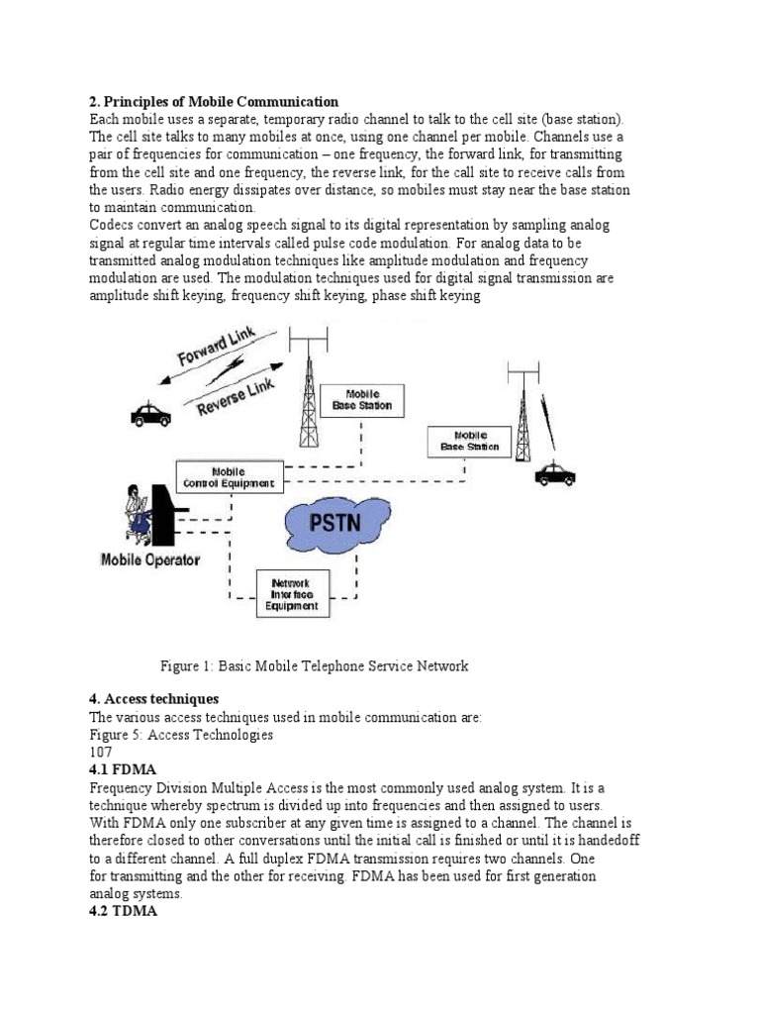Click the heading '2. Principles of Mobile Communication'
pos(214,102)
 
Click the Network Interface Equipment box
pos(295,594)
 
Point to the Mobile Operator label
pos(150,559)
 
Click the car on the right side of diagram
pos(555,475)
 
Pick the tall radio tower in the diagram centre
pos(310,386)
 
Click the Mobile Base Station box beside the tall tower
pos(361,399)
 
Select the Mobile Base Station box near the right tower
pos(470,441)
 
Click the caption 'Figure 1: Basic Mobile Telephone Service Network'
pos(314,666)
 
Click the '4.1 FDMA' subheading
pos(123,769)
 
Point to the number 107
pos(102,752)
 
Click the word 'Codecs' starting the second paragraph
pos(113,226)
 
